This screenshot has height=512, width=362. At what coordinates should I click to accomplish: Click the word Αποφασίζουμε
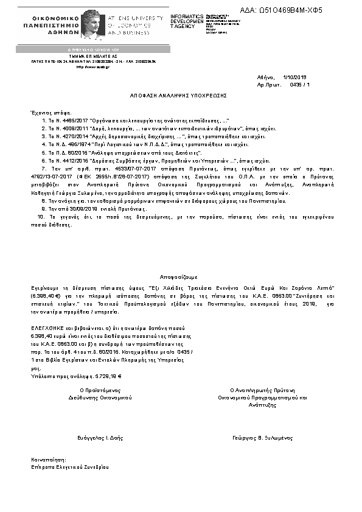[180, 275]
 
